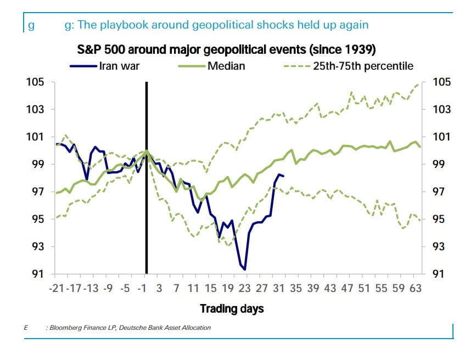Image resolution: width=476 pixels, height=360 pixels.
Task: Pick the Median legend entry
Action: (x=226, y=66)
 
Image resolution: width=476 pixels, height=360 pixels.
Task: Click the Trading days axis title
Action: (x=232, y=308)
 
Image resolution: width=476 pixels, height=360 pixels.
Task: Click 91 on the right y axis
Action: (x=442, y=274)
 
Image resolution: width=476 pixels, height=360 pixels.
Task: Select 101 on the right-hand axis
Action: (x=442, y=137)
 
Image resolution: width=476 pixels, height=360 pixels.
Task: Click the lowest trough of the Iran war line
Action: (x=245, y=269)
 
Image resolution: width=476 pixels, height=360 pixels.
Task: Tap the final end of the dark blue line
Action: (x=283, y=176)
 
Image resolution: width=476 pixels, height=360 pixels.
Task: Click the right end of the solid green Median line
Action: (x=420, y=147)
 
